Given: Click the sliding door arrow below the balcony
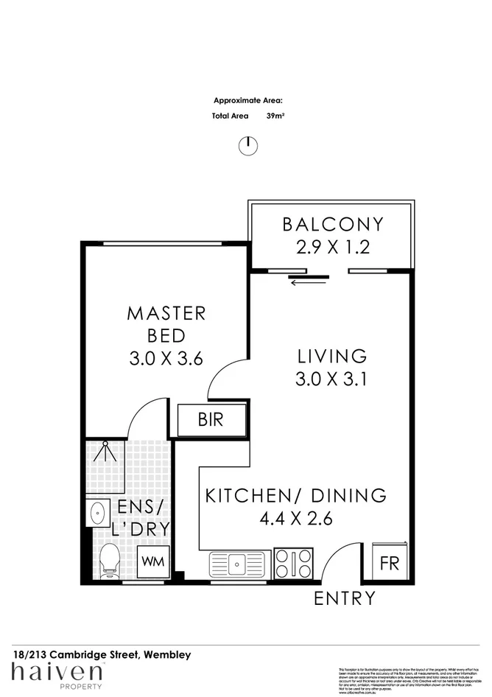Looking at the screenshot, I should coord(309,281).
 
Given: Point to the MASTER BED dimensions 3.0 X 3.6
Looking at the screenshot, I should coord(166,358).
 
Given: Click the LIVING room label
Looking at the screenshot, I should coord(331,356).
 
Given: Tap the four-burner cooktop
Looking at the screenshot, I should coord(292,564).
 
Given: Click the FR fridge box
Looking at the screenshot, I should coord(389,564).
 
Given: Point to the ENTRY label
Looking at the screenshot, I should coord(345,598).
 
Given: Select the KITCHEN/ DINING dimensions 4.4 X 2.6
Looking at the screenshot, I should coord(296,519).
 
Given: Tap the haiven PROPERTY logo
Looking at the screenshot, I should coord(57,675).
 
